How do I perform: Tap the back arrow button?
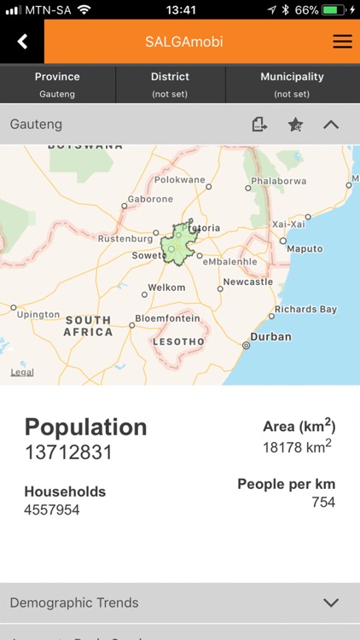[22, 42]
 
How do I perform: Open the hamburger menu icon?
[342, 42]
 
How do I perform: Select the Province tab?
[57, 84]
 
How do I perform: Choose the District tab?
[170, 84]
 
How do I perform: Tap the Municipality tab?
[292, 84]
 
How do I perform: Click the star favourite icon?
[295, 125]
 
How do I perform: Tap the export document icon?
[259, 125]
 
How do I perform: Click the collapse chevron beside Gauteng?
[331, 125]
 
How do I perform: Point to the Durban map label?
[270, 337]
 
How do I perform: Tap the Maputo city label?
[305, 249]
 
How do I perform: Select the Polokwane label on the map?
[179, 180]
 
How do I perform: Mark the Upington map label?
[38, 315]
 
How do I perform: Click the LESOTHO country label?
[178, 342]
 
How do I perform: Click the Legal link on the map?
[22, 372]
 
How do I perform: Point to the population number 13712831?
[68, 452]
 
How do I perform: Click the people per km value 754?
[323, 502]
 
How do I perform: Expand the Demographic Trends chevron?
[331, 602]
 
